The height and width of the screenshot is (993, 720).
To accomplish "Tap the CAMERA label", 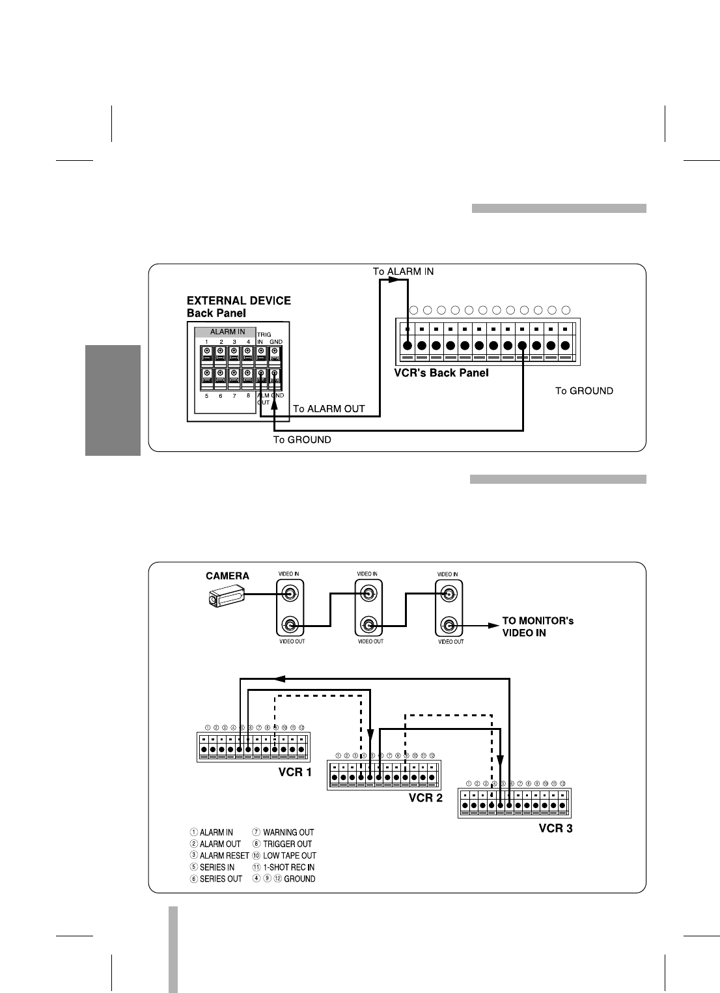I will tap(227, 576).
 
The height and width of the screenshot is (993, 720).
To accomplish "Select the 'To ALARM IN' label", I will tap(403, 271).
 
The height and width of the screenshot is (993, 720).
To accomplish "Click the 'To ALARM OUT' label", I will tap(329, 409).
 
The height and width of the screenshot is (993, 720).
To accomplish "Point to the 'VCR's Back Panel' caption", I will tap(441, 373).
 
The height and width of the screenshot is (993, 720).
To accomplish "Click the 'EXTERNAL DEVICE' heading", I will tap(238, 301).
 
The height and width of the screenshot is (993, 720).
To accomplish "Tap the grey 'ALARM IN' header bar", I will tap(227, 332).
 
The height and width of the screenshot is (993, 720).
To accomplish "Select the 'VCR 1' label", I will tap(295, 772).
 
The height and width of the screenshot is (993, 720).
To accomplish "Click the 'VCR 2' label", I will tap(425, 798).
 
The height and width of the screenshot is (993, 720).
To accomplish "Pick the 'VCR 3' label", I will tap(555, 829).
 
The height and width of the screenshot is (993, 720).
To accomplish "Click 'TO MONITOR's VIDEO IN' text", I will tap(538, 626).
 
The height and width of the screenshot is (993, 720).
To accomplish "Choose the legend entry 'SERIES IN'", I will tap(217, 867).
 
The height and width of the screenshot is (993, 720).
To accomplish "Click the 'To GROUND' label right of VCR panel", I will tap(584, 391).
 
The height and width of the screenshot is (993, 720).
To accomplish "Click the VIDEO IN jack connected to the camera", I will tap(290, 594).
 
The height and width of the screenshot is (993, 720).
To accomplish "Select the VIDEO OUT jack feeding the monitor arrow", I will tap(449, 626).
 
